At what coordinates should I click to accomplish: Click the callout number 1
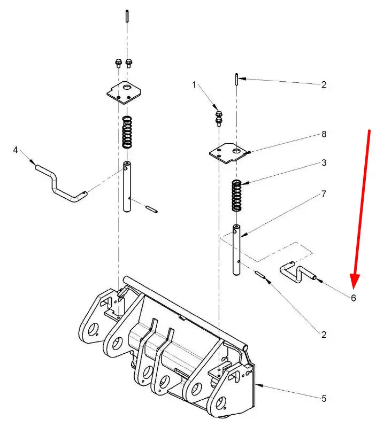point(195,84)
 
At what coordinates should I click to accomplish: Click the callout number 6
point(354,298)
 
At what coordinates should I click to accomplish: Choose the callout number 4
point(16,150)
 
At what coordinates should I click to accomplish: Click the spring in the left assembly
point(127,133)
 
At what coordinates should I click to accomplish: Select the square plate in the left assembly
point(125,92)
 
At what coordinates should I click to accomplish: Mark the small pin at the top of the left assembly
point(127,16)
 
